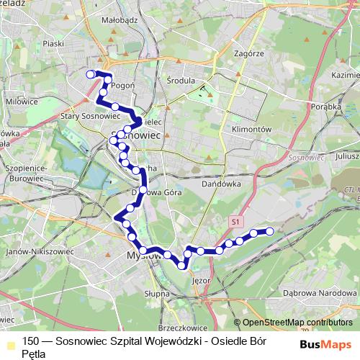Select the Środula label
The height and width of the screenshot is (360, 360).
(180, 81)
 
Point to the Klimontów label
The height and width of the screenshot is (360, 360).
(250, 129)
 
